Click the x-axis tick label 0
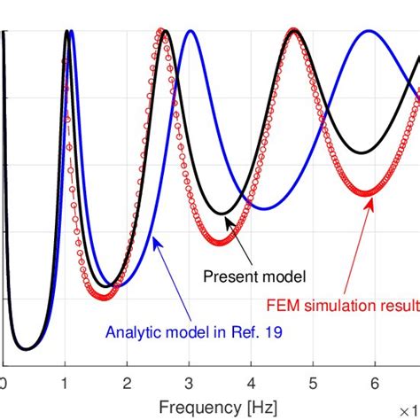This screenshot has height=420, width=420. click(x=4, y=384)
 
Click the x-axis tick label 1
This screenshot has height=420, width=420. click(x=66, y=384)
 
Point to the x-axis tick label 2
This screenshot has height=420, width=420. click(x=128, y=384)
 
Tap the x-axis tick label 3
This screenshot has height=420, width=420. click(x=189, y=384)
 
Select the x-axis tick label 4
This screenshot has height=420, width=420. click(x=251, y=384)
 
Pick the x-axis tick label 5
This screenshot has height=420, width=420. click(x=313, y=384)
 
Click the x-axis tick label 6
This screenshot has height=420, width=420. click(x=374, y=384)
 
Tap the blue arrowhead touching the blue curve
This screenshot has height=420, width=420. click(x=156, y=238)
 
